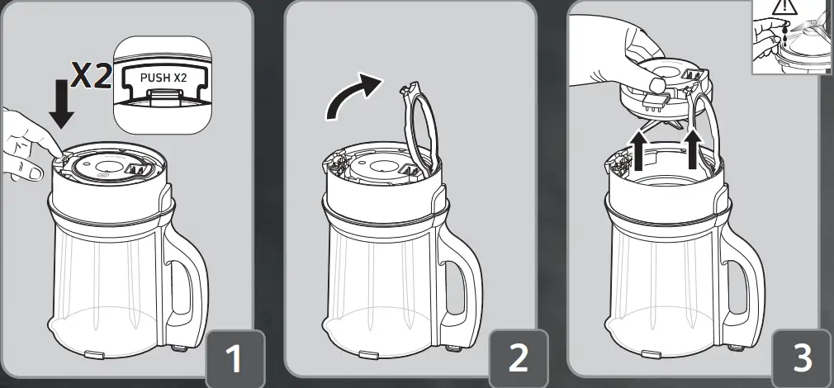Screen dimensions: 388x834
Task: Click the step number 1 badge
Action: point(235,357)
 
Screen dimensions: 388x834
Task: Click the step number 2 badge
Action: point(518,357)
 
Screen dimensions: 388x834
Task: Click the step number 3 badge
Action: point(801,357)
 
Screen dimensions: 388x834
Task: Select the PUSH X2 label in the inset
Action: point(165,78)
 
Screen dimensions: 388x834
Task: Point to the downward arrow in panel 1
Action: point(61,106)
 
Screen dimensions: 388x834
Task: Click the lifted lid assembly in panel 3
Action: point(665,91)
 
